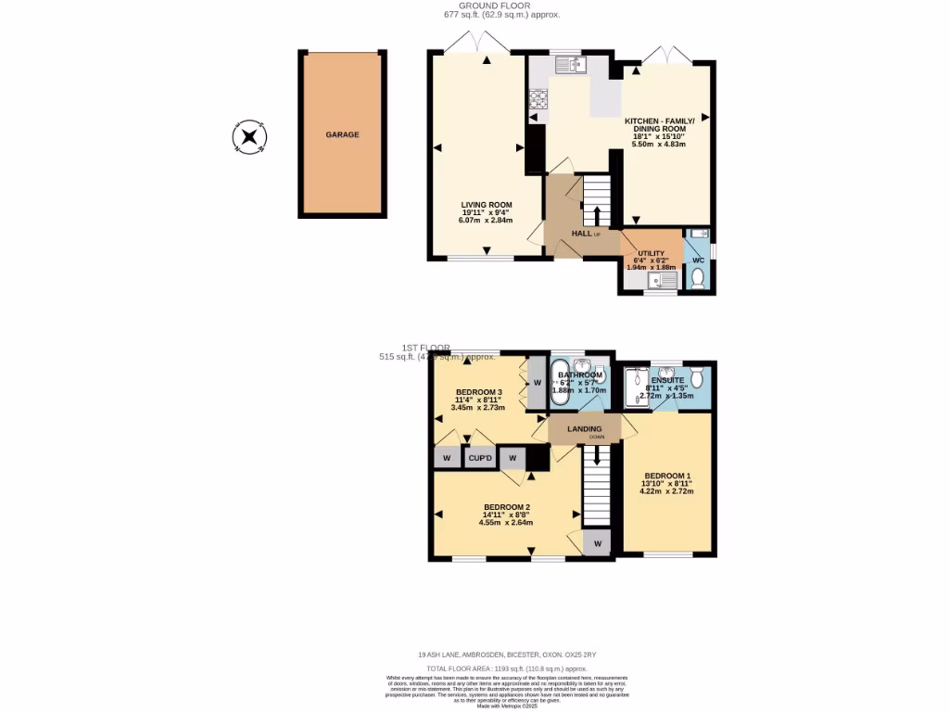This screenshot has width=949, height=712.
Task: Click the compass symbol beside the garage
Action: pyautogui.click(x=249, y=138)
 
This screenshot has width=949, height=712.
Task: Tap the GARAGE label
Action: pyautogui.click(x=342, y=134)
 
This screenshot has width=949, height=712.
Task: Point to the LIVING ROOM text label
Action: pyautogui.click(x=487, y=205)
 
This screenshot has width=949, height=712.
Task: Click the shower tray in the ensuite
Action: pyautogui.click(x=637, y=388)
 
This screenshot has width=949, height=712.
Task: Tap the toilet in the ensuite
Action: pyautogui.click(x=698, y=377)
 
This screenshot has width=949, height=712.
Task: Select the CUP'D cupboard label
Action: pyautogui.click(x=479, y=458)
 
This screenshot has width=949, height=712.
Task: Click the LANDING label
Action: pyautogui.click(x=585, y=429)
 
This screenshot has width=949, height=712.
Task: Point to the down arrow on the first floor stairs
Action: pyautogui.click(x=596, y=455)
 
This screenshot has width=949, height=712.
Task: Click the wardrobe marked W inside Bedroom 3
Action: pyautogui.click(x=537, y=383)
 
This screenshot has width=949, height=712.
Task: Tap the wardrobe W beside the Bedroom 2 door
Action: pyautogui.click(x=597, y=543)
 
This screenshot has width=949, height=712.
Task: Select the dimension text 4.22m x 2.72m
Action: pyautogui.click(x=666, y=491)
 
